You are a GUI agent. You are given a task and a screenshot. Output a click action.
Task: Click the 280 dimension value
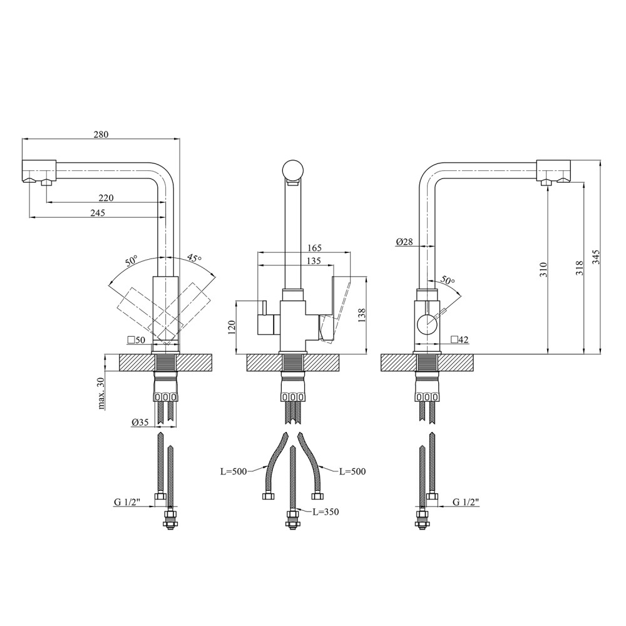pos(101,135)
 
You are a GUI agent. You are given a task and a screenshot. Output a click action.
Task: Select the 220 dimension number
pos(106,198)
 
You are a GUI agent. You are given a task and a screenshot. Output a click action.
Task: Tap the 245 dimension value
pos(98,213)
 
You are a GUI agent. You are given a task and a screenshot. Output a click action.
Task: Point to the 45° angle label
pos(195,259)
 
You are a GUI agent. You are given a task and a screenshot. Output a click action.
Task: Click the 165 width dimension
pos(315,248)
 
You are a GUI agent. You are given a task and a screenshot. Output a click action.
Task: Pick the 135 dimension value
pos(314,261)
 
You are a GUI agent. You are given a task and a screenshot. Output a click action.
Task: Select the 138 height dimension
pos(362,316)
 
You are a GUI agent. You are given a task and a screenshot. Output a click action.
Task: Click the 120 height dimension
pos(233,327)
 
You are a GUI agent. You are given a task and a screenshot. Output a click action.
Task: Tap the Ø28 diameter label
pos(404,242)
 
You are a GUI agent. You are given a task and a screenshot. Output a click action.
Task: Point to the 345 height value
pos(596,257)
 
